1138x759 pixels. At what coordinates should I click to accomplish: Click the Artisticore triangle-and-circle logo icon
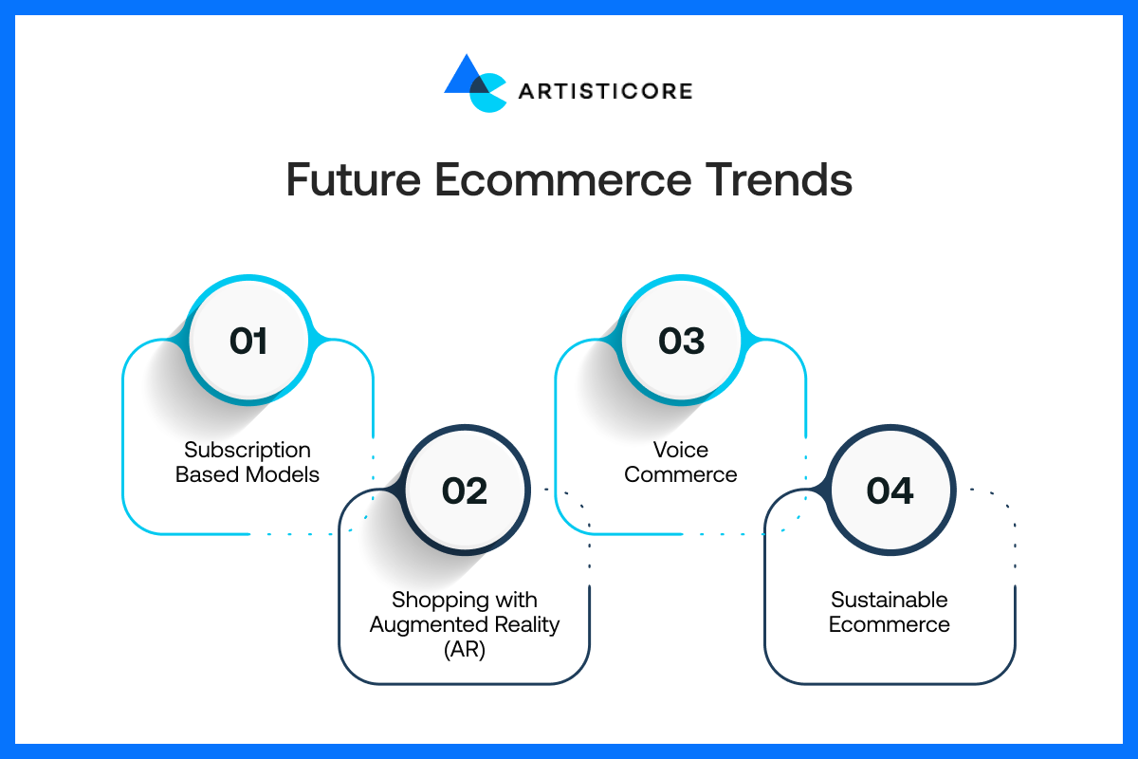(x=475, y=83)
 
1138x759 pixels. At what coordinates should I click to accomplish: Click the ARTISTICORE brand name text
(x=606, y=91)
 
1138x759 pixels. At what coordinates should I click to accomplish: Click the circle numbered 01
(x=248, y=340)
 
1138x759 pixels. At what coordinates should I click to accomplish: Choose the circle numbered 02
(x=465, y=491)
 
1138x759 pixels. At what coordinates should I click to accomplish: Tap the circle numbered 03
(x=681, y=340)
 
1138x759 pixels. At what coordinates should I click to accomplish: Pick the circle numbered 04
(x=890, y=491)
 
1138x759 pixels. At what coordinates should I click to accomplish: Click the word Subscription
(x=248, y=451)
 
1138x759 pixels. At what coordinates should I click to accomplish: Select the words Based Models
(x=248, y=474)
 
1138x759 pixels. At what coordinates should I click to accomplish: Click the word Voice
(x=681, y=450)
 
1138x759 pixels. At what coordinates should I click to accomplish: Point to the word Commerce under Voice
(x=681, y=474)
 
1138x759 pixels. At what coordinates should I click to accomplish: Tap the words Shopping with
(x=465, y=601)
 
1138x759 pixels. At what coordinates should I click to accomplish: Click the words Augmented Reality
(x=465, y=625)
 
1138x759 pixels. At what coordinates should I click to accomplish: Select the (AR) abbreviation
(x=465, y=649)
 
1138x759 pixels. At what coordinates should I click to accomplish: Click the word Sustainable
(x=890, y=600)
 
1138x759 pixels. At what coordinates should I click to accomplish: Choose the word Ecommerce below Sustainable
(x=890, y=624)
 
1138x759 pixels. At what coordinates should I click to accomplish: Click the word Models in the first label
(x=283, y=474)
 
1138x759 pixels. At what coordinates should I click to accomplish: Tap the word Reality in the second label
(x=527, y=625)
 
